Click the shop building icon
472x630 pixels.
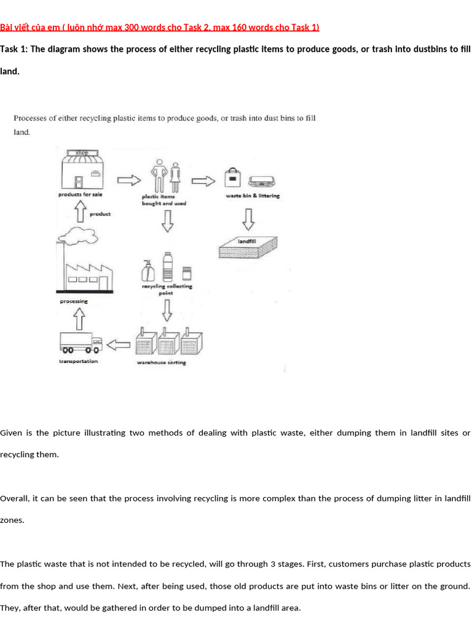tap(82, 169)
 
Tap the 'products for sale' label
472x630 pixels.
tap(81, 194)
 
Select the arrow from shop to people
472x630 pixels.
tap(129, 180)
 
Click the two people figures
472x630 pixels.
tap(165, 176)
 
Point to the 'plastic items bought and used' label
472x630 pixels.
tap(163, 200)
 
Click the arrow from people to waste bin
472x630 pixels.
tap(203, 181)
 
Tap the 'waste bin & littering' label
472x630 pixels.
tap(253, 196)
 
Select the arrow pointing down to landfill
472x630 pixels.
tap(249, 219)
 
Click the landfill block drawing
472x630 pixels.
tap(248, 247)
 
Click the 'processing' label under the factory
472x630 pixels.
tap(74, 301)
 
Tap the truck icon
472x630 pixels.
tap(81, 343)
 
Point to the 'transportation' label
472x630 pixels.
tap(78, 361)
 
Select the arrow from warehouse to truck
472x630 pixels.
tap(119, 345)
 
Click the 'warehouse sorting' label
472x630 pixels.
tap(162, 362)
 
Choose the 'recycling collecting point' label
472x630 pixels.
tap(167, 290)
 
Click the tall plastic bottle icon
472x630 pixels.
tap(168, 267)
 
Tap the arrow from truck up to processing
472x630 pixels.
tap(79, 319)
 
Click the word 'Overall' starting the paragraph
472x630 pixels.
tap(14, 498)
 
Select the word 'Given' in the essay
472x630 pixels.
tap(11, 433)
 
